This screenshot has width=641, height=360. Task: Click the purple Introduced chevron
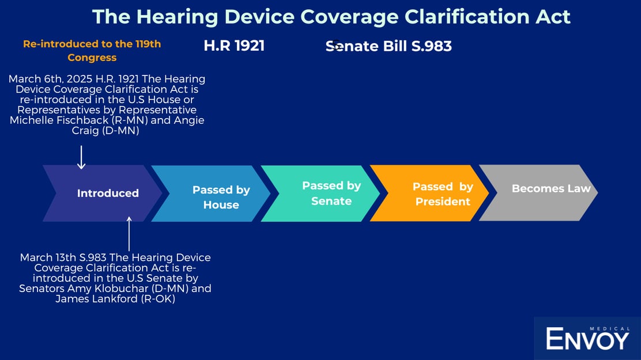102,194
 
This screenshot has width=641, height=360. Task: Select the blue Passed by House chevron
211,194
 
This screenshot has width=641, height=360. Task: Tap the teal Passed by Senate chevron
320,194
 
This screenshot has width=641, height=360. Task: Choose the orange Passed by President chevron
429,194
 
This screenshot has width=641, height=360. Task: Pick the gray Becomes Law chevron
538,193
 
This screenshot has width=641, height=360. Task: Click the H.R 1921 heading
234,46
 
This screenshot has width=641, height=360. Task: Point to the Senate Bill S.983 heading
389,46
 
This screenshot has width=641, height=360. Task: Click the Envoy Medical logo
587,338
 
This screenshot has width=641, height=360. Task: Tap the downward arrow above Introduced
81,157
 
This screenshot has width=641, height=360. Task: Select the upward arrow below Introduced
129,234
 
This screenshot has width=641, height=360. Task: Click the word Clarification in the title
467,17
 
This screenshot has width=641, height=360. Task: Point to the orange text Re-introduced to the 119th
92,44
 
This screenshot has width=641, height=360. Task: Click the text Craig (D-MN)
105,131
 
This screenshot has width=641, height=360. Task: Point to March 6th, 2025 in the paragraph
51,79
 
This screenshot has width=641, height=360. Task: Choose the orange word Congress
92,58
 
